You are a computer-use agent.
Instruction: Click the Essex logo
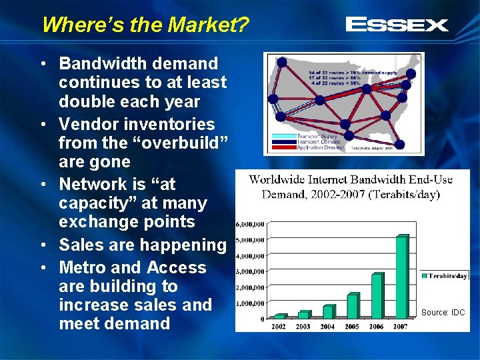coord(397,25)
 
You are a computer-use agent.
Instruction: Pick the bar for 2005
coord(353,306)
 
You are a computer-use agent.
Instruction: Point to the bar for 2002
coord(281,316)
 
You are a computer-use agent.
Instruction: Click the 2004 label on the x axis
coord(327,327)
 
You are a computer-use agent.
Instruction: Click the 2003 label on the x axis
coord(303,327)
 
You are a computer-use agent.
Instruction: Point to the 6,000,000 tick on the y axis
coord(251,224)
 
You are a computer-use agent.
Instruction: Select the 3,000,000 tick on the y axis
coord(251,272)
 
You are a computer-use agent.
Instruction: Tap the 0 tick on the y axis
coord(262,319)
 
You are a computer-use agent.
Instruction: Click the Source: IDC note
coord(443,312)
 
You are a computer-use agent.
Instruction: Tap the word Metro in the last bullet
coord(85,268)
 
